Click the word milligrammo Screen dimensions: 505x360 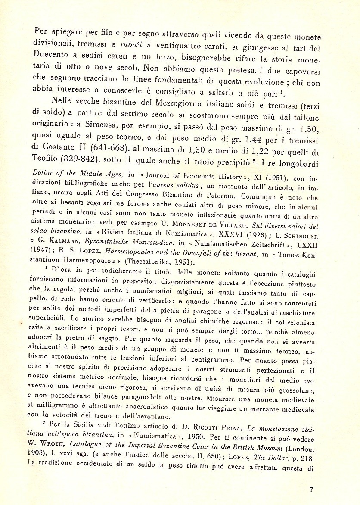point(56,407)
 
